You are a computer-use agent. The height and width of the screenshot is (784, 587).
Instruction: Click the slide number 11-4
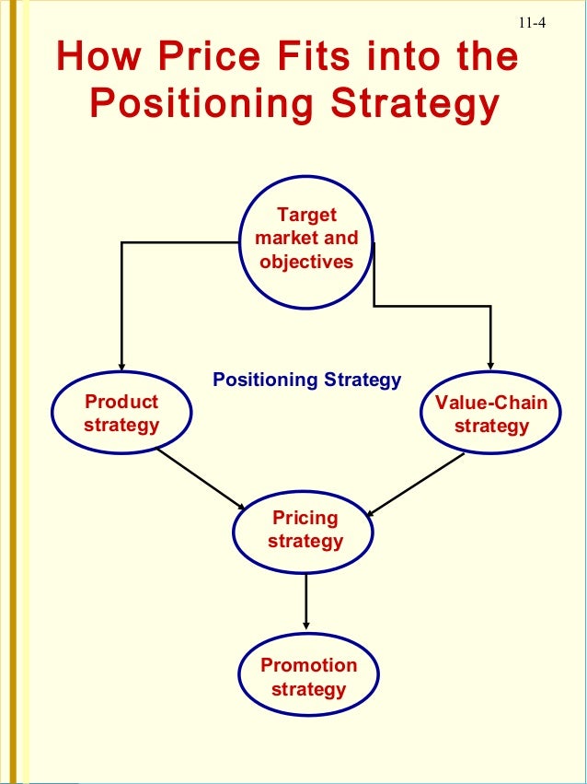click(x=531, y=23)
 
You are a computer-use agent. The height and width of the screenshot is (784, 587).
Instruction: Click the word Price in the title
click(x=216, y=57)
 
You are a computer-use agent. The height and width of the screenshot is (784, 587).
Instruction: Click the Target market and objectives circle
click(x=306, y=239)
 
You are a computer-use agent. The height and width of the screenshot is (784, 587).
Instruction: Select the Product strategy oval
click(x=121, y=414)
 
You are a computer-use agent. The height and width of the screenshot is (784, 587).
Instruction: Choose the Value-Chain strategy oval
click(x=490, y=414)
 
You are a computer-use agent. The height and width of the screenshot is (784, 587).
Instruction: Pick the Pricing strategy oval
click(x=305, y=530)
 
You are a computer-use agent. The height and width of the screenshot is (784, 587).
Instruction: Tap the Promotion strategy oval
click(x=308, y=677)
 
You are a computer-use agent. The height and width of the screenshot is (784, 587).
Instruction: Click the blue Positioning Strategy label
click(x=306, y=380)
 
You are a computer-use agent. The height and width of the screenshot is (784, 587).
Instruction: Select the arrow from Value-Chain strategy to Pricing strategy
click(x=414, y=483)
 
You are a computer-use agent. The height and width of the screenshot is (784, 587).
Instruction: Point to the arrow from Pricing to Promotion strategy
click(x=305, y=602)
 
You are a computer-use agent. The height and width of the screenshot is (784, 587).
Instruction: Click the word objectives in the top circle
click(x=306, y=262)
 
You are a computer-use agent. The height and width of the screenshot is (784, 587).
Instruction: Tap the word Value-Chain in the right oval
click(x=491, y=403)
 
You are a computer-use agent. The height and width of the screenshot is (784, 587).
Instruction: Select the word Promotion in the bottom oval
click(x=308, y=665)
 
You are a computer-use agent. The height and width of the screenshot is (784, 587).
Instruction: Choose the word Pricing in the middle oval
click(x=305, y=518)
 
